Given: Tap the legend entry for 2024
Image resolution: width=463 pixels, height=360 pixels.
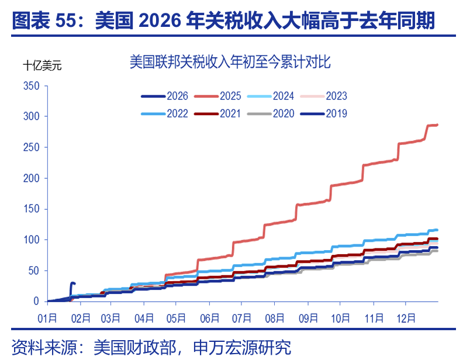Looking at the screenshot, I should coord(283,96).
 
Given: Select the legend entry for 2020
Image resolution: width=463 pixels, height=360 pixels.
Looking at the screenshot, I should coord(283,113).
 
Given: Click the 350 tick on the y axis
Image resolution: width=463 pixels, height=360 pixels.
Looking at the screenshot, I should coord(32,86).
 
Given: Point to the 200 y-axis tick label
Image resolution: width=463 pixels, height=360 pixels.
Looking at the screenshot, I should coord(32,178).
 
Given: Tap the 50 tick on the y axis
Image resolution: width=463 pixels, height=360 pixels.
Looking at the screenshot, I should coord(34,271).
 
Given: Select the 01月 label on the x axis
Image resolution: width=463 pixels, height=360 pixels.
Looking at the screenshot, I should coord(48,319).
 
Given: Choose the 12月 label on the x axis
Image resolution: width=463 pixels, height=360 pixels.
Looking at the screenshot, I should coord(405,319).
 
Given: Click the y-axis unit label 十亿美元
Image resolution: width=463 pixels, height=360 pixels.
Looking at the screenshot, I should coord(42,65).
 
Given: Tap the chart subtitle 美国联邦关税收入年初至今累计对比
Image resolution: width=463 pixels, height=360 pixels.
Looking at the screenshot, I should coord(230,63).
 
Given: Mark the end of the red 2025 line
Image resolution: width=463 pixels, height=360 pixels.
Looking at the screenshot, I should coord(437,124).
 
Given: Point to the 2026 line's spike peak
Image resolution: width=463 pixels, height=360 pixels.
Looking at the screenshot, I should coord(72,283).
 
